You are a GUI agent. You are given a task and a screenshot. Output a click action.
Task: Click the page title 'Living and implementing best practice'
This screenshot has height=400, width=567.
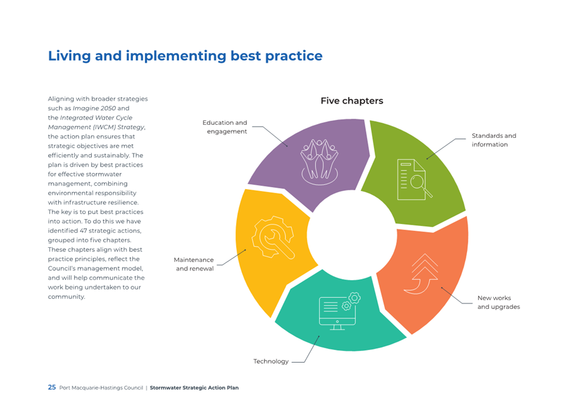click(185, 56)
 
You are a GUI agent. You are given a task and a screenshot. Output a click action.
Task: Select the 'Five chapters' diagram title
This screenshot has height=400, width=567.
click(352, 101)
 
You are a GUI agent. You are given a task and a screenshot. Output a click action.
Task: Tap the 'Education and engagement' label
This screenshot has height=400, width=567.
click(225, 127)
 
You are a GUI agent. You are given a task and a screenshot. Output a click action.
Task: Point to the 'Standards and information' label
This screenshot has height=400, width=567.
click(493, 140)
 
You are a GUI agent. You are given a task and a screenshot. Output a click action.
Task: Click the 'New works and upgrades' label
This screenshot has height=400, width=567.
click(499, 302)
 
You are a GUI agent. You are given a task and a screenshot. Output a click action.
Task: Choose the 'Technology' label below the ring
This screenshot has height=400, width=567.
click(271, 361)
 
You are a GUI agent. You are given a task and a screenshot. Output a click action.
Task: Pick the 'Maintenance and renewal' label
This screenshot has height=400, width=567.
click(194, 264)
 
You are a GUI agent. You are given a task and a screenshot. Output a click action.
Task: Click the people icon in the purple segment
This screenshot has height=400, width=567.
click(319, 162)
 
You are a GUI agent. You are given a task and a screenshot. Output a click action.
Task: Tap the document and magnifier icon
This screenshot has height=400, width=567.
click(414, 180)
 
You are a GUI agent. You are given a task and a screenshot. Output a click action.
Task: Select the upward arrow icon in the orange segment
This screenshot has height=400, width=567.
click(422, 274)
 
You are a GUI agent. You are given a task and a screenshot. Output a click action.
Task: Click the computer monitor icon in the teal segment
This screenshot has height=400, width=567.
click(339, 311)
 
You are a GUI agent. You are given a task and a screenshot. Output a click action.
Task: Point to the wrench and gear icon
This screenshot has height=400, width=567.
click(273, 237)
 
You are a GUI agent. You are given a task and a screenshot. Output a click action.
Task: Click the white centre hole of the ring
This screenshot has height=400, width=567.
click(352, 235)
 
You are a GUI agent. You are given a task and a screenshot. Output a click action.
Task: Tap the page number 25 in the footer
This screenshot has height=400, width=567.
click(52, 388)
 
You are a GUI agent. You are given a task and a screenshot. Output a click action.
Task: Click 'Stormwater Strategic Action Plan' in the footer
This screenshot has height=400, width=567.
click(194, 388)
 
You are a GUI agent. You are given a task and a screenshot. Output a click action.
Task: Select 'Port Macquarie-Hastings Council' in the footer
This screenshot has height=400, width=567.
click(101, 388)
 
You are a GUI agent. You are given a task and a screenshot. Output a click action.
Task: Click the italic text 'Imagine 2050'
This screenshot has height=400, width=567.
click(94, 108)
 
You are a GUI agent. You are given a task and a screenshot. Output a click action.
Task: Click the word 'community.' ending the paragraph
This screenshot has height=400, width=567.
click(67, 296)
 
